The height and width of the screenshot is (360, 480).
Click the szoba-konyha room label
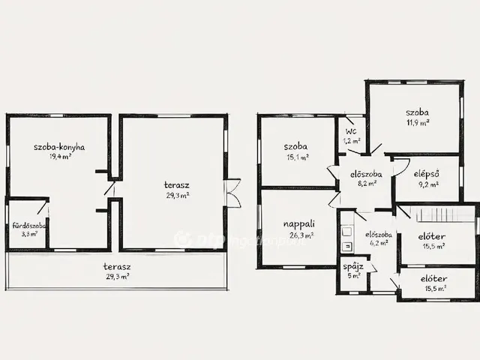(x=59, y=147)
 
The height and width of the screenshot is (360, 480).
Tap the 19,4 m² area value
(x=60, y=157)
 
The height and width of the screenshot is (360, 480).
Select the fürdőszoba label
(x=29, y=226)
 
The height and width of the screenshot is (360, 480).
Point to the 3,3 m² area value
(x=29, y=235)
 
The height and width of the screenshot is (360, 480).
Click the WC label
(x=351, y=132)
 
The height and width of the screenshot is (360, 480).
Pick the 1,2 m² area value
(x=352, y=141)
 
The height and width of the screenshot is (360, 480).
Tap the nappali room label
(x=298, y=224)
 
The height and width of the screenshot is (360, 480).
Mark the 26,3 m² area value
(x=301, y=235)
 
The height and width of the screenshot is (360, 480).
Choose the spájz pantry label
(x=353, y=267)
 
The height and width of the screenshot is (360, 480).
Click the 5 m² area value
(x=353, y=276)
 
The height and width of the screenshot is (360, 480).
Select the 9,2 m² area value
(x=428, y=184)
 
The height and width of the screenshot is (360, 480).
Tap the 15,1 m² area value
(x=297, y=157)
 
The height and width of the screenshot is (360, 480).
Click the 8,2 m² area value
(x=367, y=184)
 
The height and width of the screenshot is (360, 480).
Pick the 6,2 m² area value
(x=379, y=243)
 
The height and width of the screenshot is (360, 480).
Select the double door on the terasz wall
(x=232, y=193)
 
